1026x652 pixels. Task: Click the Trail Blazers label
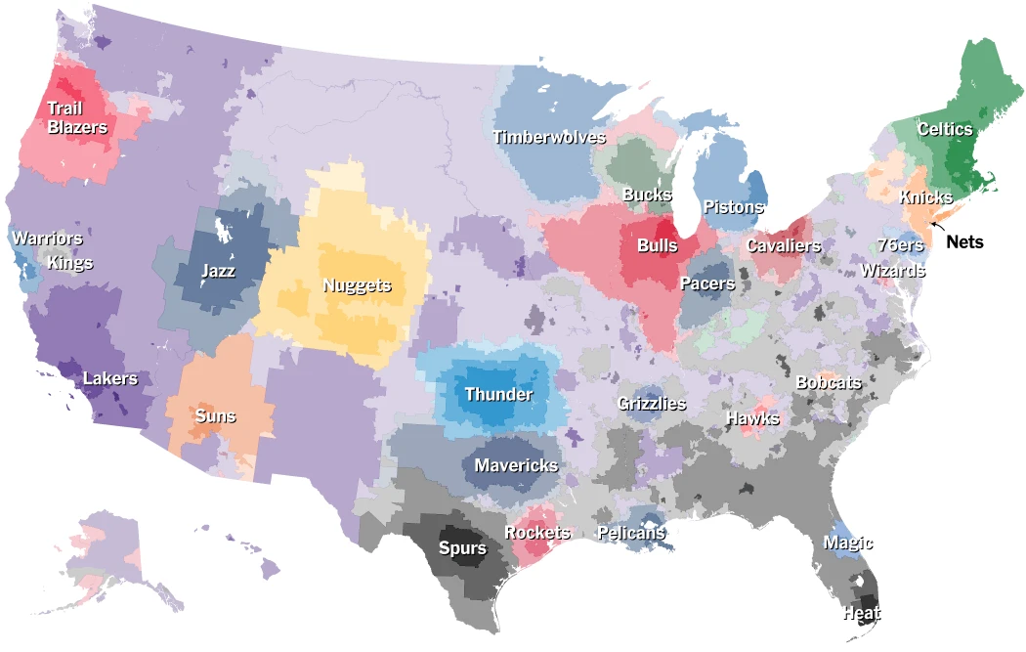[77, 118]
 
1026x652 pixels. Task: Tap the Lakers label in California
[110, 378]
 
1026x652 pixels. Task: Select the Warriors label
[47, 239]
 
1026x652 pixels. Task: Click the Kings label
[70, 262]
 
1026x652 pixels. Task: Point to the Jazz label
[218, 270]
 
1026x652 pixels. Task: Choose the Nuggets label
[357, 285]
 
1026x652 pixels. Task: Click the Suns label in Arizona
[215, 416]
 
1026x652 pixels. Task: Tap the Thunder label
[498, 395]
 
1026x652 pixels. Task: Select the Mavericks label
[516, 465]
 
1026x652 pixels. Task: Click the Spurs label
[462, 547]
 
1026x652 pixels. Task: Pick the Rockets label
[537, 533]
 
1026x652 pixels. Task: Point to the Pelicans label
[631, 533]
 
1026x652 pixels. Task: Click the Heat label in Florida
[862, 614]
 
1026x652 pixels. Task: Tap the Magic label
[848, 543]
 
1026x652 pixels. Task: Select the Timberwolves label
[549, 137]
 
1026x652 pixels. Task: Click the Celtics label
[945, 129]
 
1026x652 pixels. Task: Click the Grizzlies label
[652, 403]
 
